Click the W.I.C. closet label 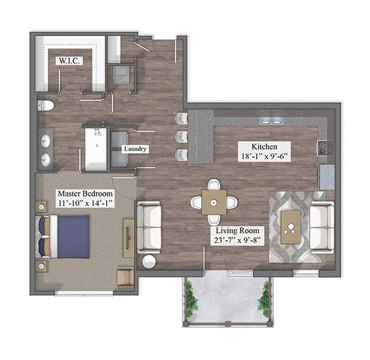[69, 61]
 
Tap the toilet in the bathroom [46, 105]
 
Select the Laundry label [135, 149]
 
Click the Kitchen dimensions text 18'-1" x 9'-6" [265, 156]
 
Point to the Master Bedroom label [85, 194]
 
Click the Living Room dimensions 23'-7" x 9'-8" [237, 240]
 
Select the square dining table [214, 202]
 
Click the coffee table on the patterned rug [291, 227]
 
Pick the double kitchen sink [271, 117]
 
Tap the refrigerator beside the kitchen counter [327, 177]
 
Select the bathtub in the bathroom [96, 149]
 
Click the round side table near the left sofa [149, 262]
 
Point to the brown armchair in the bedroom [126, 277]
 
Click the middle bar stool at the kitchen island [181, 137]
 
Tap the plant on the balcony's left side [191, 300]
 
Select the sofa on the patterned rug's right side [322, 228]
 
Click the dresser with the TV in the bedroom [128, 238]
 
